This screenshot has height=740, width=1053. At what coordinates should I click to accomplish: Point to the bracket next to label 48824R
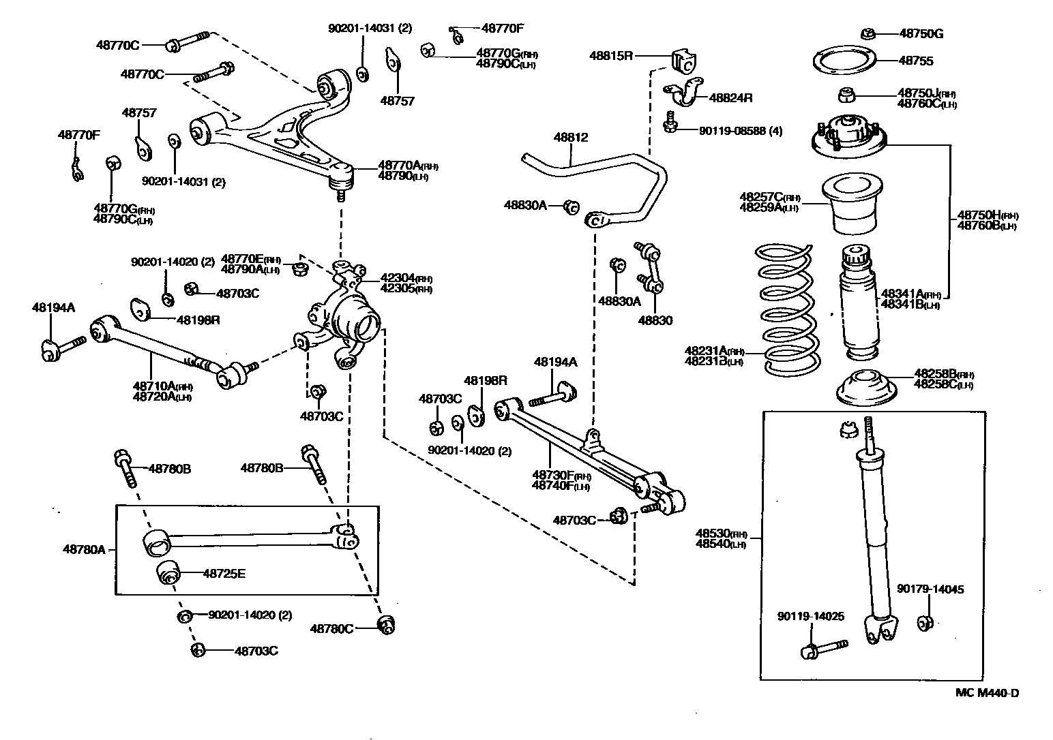[685, 92]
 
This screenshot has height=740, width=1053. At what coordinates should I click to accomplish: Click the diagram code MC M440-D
[987, 693]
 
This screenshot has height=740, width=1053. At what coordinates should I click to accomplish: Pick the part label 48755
[915, 61]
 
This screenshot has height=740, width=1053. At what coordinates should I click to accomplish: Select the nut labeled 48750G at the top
[868, 33]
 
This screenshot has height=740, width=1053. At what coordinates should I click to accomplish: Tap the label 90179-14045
[930, 589]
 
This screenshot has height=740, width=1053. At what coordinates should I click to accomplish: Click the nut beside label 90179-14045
[925, 622]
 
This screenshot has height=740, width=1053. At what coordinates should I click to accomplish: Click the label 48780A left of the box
[84, 549]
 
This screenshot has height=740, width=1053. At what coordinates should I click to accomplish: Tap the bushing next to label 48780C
[387, 624]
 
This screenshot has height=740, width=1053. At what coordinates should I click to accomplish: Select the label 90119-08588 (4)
[740, 130]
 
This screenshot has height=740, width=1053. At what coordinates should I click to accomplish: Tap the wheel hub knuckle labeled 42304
[348, 317]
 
